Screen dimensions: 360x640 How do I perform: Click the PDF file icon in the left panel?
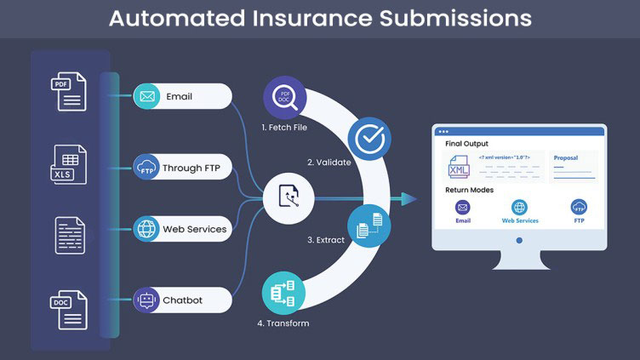(x=71, y=90)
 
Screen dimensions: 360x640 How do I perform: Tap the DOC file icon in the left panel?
(x=71, y=309)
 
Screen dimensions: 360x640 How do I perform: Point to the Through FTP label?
(x=192, y=168)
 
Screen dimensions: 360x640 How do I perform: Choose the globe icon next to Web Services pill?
(x=146, y=229)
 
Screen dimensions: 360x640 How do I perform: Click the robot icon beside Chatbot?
(x=146, y=300)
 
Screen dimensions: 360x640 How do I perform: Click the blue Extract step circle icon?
(x=367, y=226)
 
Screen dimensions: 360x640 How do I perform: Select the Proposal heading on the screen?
(x=567, y=157)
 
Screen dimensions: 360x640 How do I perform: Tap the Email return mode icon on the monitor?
(x=462, y=207)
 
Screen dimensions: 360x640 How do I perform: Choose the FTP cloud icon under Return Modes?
(x=578, y=207)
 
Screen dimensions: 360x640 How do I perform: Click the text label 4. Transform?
(x=283, y=323)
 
